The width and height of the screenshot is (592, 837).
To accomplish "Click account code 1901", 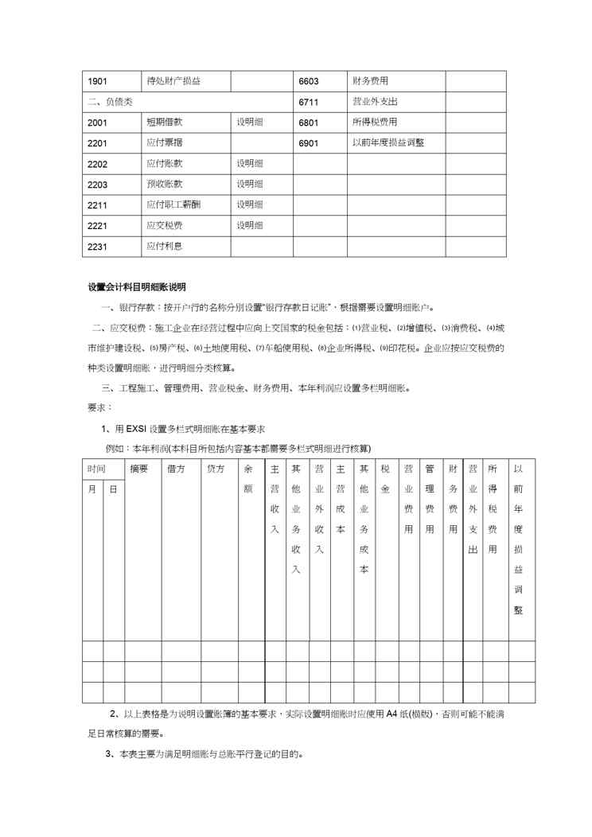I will click(99, 81).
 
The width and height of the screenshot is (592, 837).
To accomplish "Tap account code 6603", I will click(309, 81).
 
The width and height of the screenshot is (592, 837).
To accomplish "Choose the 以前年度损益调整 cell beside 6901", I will click(388, 143).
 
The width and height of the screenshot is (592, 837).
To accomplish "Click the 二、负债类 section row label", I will click(111, 102).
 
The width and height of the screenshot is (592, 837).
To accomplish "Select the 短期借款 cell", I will click(165, 123).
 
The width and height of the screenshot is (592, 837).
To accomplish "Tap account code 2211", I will click(99, 205).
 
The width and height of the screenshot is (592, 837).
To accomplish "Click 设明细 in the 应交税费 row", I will click(249, 226).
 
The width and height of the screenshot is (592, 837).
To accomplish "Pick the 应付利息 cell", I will click(165, 247).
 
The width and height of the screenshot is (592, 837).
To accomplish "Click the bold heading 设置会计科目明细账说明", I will click(136, 286).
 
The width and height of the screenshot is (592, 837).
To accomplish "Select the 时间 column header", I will click(97, 469).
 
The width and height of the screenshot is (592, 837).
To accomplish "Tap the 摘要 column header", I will click(139, 469).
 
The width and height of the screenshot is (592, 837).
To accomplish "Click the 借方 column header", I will click(176, 469).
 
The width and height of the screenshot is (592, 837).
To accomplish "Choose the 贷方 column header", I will click(215, 469).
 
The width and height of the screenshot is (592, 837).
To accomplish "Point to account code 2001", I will click(99, 123).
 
